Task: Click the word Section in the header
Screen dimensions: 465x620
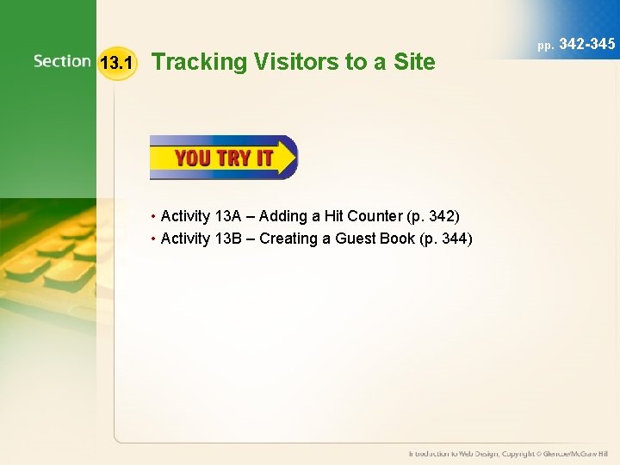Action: [x=62, y=61]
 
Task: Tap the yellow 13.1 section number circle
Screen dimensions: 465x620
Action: [x=116, y=63]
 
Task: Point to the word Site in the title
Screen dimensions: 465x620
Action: [x=416, y=62]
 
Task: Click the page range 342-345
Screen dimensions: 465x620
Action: [x=587, y=43]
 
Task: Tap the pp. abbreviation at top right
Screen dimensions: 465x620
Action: [x=546, y=45]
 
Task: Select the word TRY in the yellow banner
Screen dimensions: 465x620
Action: [x=234, y=158]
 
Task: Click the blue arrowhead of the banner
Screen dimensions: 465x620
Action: [x=286, y=157]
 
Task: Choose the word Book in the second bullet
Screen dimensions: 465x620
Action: [x=397, y=239]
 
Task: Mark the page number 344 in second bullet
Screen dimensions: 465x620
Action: [x=455, y=239]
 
